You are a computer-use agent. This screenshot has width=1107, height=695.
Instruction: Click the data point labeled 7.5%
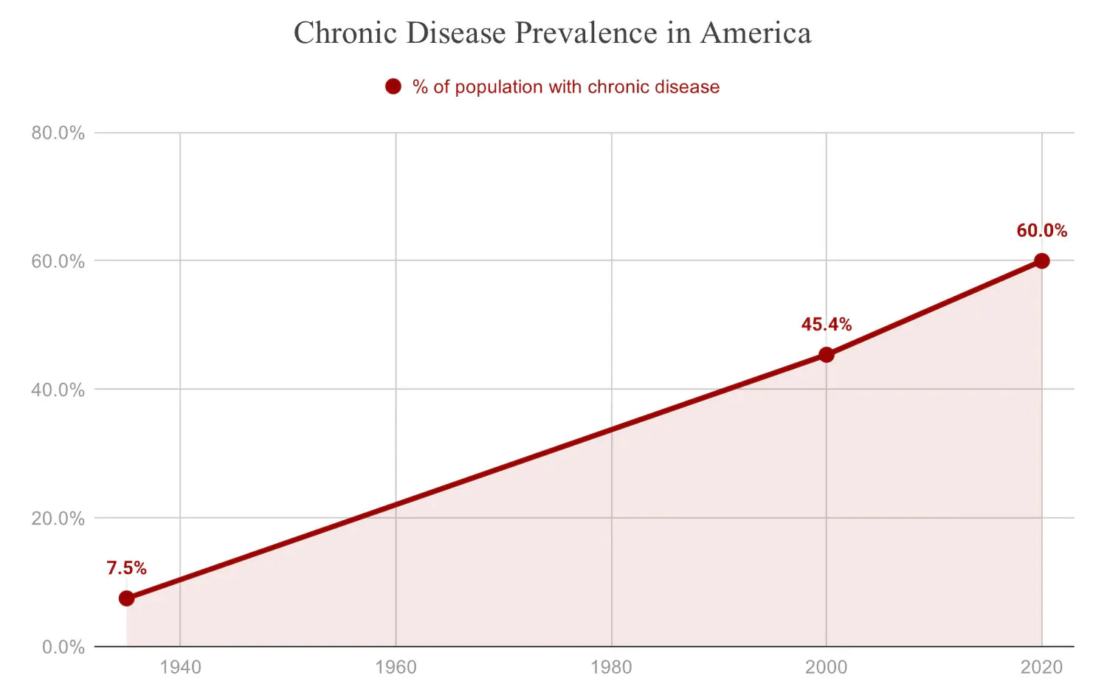click(x=126, y=598)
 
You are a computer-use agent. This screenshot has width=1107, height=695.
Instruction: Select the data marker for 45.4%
click(x=826, y=355)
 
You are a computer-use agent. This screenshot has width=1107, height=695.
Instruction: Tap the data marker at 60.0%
click(x=1041, y=260)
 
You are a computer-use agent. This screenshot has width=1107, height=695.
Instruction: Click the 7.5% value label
click(x=126, y=568)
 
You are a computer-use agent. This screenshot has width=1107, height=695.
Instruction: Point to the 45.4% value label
click(x=826, y=325)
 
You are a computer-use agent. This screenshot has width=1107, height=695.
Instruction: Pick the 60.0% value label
click(x=1041, y=231)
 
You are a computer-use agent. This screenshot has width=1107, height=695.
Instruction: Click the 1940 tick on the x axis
click(x=180, y=668)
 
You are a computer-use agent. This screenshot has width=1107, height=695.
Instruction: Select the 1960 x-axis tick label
click(x=396, y=668)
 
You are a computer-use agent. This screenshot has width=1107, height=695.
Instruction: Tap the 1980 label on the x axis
click(x=611, y=668)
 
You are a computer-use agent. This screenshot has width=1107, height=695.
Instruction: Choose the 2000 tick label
click(x=826, y=668)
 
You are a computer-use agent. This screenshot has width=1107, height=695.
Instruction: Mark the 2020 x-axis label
click(x=1041, y=668)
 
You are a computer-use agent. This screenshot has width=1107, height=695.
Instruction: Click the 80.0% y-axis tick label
click(x=58, y=133)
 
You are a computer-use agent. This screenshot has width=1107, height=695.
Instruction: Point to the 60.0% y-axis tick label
click(x=58, y=261)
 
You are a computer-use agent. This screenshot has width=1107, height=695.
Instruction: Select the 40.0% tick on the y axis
click(x=58, y=390)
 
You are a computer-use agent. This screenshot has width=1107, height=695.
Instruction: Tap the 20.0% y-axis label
click(x=58, y=518)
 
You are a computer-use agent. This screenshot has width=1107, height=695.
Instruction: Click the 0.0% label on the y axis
click(x=63, y=647)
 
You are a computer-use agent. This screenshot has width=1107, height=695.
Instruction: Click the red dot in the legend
click(x=393, y=87)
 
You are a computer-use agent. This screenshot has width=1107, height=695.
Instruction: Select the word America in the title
click(x=756, y=33)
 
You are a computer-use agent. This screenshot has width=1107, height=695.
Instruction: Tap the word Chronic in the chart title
click(x=345, y=33)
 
